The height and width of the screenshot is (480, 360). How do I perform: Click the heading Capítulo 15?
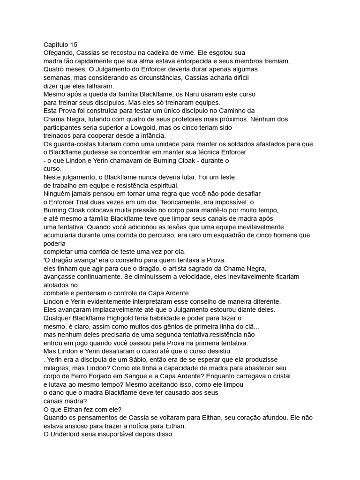[60, 45]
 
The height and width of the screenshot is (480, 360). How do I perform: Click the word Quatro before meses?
[54, 69]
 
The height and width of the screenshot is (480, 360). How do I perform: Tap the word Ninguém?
[59, 194]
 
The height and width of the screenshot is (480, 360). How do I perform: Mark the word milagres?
[59, 368]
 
